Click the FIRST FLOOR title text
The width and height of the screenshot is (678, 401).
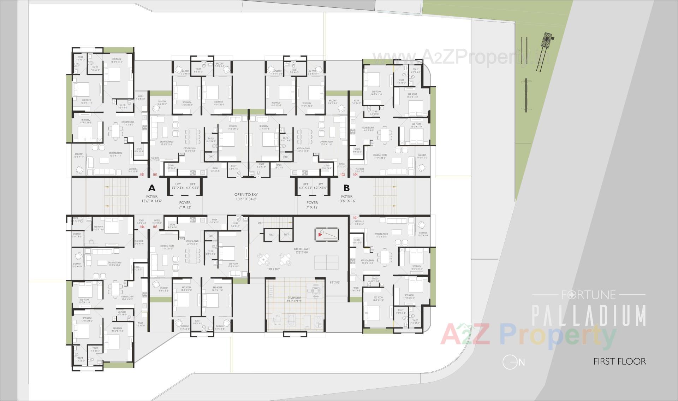(x=620, y=361)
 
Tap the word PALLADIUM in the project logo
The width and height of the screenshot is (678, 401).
(x=589, y=316)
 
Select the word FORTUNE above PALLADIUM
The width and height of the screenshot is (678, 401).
(x=589, y=295)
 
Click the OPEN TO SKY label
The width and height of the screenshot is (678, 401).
(x=246, y=195)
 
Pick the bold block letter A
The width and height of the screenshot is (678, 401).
(x=152, y=188)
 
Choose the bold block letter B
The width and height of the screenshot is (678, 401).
(x=347, y=188)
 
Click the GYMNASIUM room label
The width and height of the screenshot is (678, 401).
(x=294, y=298)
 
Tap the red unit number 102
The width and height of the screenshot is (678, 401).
(x=155, y=175)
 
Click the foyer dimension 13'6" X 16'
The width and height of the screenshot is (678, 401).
(x=347, y=201)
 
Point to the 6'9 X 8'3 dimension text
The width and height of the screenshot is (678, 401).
(x=335, y=283)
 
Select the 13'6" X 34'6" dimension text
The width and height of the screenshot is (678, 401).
(x=246, y=199)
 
